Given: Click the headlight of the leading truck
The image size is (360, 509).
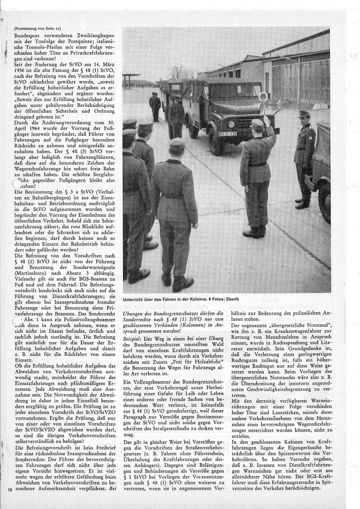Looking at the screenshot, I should click(x=231, y=124).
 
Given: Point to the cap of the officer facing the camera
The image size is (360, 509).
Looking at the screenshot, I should click(x=304, y=114).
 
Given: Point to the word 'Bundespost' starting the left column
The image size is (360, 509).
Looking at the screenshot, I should click(x=27, y=35).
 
